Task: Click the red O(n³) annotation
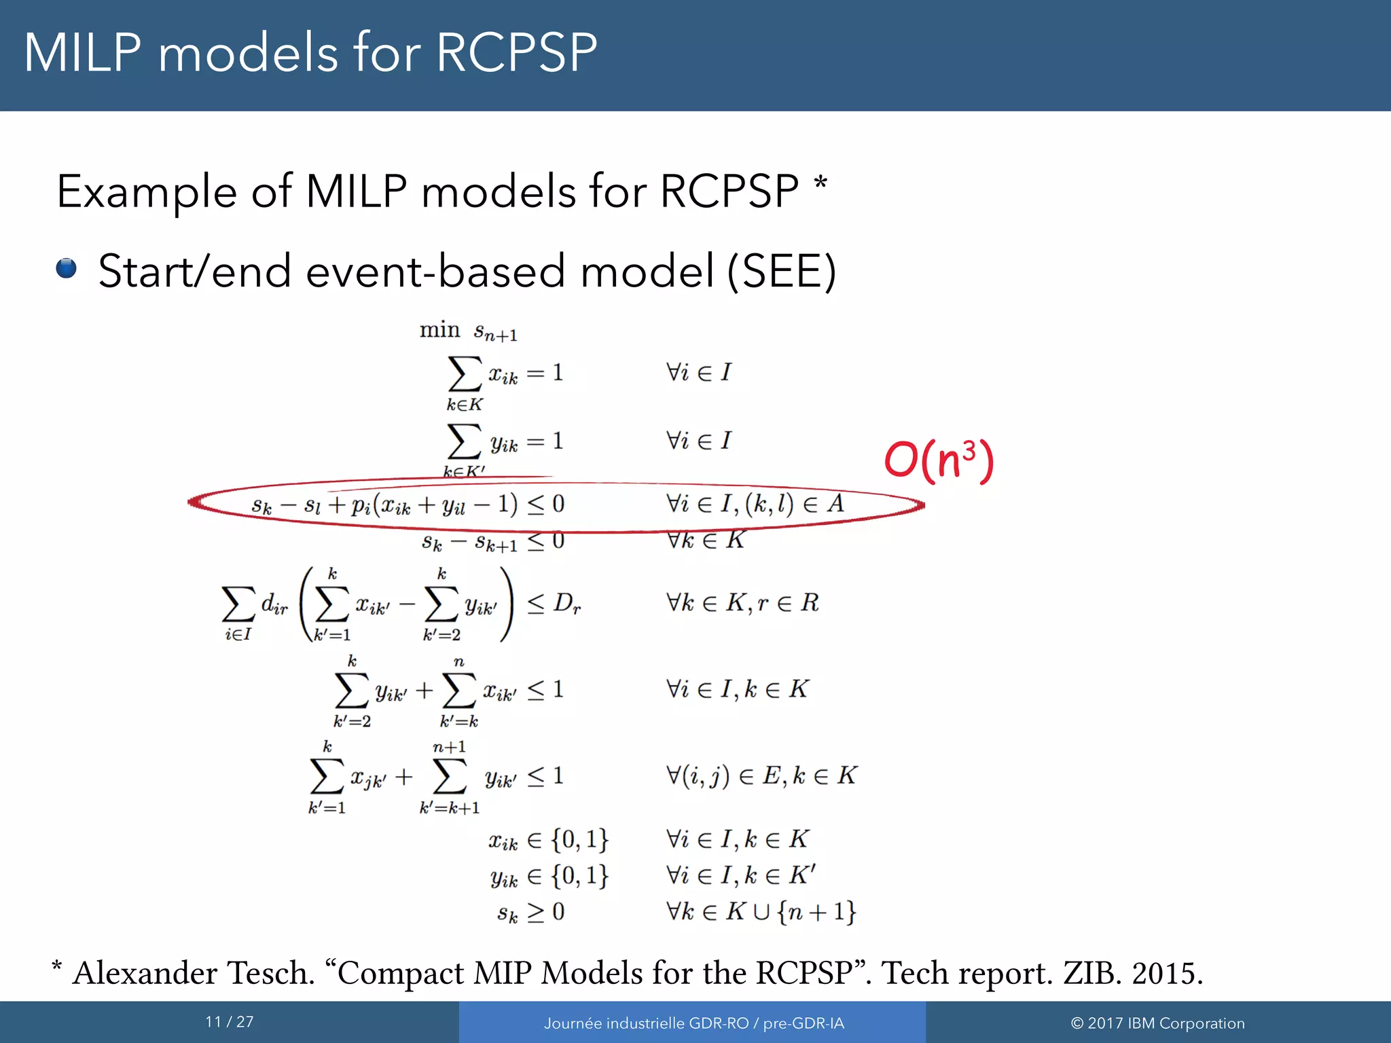939,460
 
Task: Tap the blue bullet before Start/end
67,268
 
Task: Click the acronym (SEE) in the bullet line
782,272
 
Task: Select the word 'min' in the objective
439,330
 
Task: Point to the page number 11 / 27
229,1021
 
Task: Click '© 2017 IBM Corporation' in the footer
1157,1023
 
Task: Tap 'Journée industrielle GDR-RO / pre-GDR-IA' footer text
693,1023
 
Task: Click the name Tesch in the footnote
270,972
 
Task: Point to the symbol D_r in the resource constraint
567,603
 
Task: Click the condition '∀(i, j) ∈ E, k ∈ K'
761,775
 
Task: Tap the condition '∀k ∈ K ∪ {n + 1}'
761,911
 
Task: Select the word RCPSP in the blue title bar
516,53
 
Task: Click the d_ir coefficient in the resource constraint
274,603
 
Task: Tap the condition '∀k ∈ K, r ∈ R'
742,603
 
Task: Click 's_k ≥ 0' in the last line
530,912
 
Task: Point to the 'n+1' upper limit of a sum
449,747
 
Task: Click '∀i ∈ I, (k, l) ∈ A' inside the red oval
755,504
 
